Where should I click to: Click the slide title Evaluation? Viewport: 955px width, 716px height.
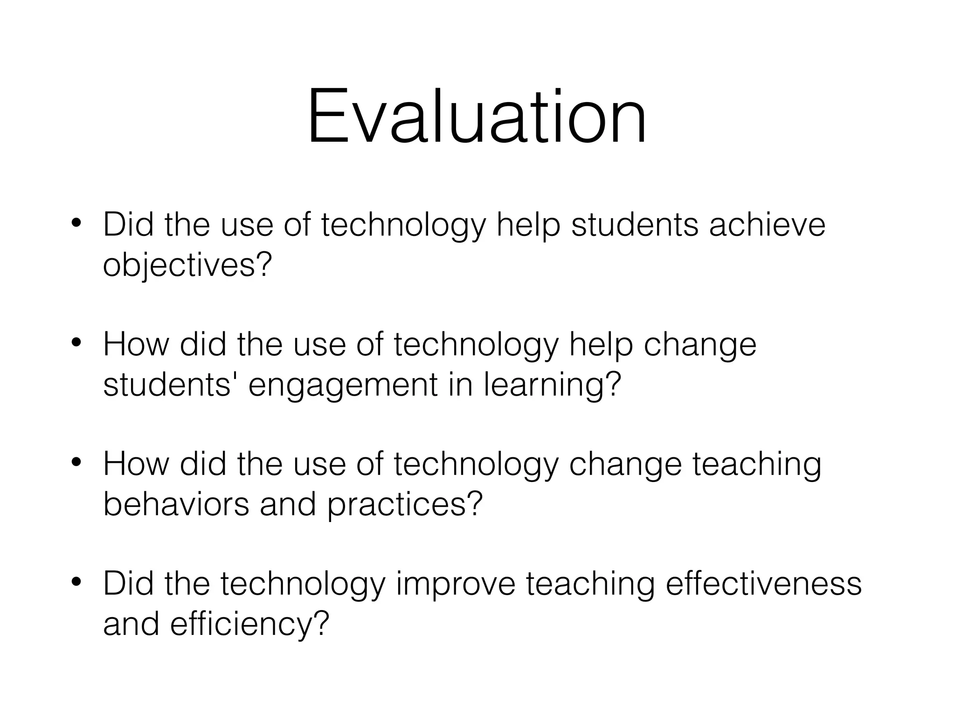coord(477,117)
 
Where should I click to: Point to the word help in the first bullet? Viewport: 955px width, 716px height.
coord(528,226)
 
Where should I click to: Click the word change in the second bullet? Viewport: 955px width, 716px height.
coord(699,345)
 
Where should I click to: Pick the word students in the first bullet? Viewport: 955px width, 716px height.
coord(635,225)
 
